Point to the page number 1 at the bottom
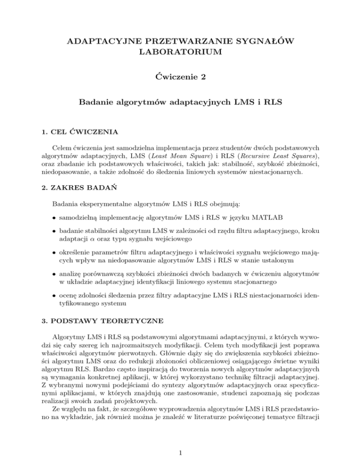pyautogui.click(x=180, y=451)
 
